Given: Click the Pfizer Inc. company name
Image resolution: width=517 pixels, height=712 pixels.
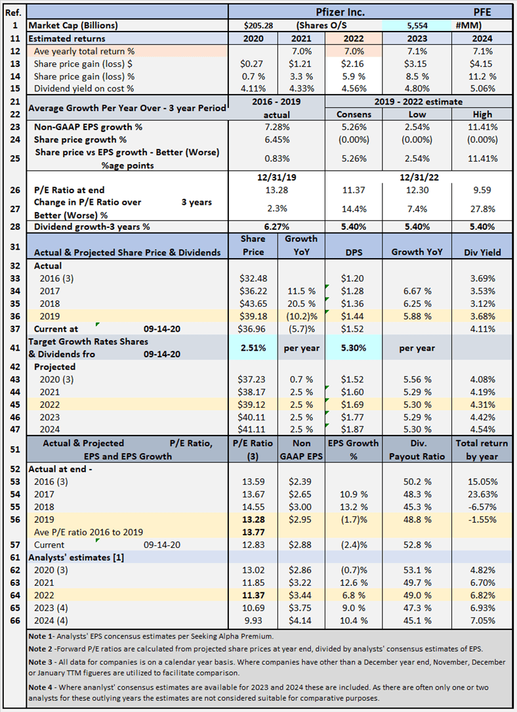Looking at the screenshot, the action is pyautogui.click(x=340, y=12).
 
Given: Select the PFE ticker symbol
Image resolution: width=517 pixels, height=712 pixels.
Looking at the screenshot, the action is pyautogui.click(x=482, y=12).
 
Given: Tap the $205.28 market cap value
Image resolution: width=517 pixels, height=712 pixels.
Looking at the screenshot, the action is pyautogui.click(x=258, y=26).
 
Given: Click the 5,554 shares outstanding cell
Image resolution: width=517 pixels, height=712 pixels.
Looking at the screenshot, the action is pyautogui.click(x=417, y=26).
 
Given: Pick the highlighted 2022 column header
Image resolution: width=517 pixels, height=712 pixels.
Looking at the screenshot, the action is pyautogui.click(x=354, y=39).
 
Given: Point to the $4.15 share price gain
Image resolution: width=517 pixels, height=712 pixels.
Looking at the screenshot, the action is pyautogui.click(x=482, y=64).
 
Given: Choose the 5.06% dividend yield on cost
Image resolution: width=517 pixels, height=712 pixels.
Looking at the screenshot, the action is pyautogui.click(x=482, y=89).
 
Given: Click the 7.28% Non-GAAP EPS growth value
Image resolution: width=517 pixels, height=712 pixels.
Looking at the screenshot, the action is pyautogui.click(x=277, y=127).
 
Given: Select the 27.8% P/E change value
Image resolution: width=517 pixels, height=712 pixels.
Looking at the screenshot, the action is pyautogui.click(x=482, y=209).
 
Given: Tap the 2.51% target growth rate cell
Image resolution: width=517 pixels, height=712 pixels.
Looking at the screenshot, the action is pyautogui.click(x=253, y=348).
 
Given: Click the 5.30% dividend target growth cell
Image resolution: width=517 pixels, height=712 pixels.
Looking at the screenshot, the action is pyautogui.click(x=354, y=348).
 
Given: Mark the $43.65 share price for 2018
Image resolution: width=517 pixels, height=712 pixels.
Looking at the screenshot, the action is pyautogui.click(x=253, y=303).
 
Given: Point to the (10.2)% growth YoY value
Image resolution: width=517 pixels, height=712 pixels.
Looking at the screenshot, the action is pyautogui.click(x=301, y=317).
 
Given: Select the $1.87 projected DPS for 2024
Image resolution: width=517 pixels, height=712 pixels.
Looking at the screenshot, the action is pyautogui.click(x=354, y=430).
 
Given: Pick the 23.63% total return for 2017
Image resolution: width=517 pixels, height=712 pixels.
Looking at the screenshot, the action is pyautogui.click(x=482, y=495).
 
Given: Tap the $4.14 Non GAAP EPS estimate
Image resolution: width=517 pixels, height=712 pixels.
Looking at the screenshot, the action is pyautogui.click(x=300, y=621).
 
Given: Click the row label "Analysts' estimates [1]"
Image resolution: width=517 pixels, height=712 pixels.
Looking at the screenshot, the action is pyautogui.click(x=76, y=558).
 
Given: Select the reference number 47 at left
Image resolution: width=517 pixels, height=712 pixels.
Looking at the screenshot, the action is pyautogui.click(x=15, y=430).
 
